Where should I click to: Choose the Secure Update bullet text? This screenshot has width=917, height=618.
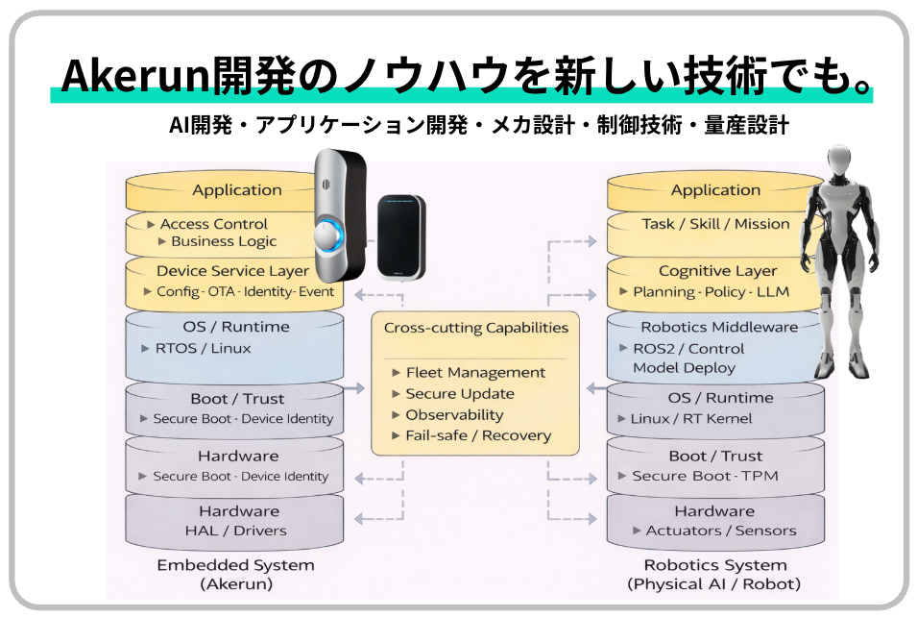[x=460, y=394]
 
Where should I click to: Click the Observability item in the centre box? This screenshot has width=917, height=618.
[x=454, y=415]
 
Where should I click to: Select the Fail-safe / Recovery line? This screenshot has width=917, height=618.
[x=478, y=436]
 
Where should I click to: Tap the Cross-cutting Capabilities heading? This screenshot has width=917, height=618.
[x=475, y=328]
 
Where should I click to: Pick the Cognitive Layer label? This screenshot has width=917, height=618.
[x=717, y=272]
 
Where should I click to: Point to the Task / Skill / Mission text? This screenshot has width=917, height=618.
[x=715, y=224]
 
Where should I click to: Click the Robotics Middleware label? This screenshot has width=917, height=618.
[x=715, y=328]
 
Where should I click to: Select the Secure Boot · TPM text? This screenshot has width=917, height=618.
[x=705, y=477]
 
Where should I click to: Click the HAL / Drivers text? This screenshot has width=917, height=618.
[x=236, y=531]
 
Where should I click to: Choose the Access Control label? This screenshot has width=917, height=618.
[x=213, y=224]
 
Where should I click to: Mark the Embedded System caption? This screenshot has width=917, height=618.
[x=235, y=566]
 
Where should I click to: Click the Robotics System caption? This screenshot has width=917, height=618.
[x=714, y=566]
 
